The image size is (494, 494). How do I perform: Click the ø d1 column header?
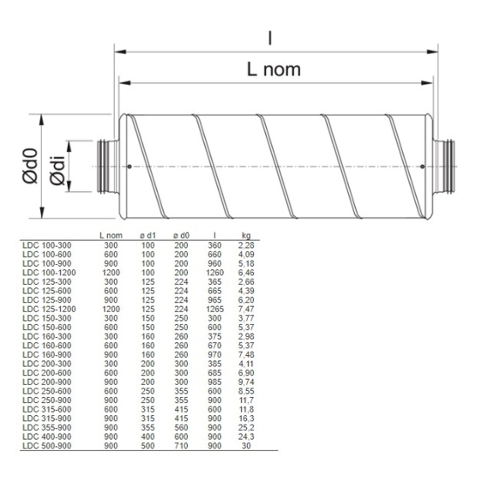tap(148, 235)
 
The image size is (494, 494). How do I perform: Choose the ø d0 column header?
tap(180, 235)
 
